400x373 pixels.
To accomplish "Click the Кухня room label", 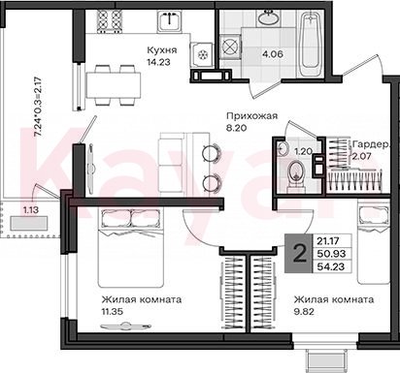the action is tap(162, 50).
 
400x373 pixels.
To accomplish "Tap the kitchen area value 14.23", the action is tap(158, 62).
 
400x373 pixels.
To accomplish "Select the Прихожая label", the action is tap(252, 115).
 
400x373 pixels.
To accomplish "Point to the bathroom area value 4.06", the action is tap(273, 54).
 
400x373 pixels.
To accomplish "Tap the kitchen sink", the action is tap(170, 21).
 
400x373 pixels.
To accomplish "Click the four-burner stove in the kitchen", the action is tap(110, 20).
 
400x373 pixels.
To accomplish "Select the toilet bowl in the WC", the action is tap(296, 175).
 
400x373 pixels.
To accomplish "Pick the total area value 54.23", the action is tap(331, 267).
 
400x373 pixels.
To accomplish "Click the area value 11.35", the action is tap(112, 312).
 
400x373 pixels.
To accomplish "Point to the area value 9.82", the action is tap(304, 312).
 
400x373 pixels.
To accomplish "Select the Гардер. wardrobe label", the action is tap(372, 144).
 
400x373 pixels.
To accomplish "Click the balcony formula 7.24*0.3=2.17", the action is tap(38, 107).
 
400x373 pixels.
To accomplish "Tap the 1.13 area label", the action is tap(30, 210).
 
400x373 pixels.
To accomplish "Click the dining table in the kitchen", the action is tap(114, 85).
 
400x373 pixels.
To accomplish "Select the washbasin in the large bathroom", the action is tap(267, 17).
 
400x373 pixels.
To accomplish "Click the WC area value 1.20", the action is tap(303, 151).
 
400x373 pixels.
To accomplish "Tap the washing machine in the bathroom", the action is tap(229, 47).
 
